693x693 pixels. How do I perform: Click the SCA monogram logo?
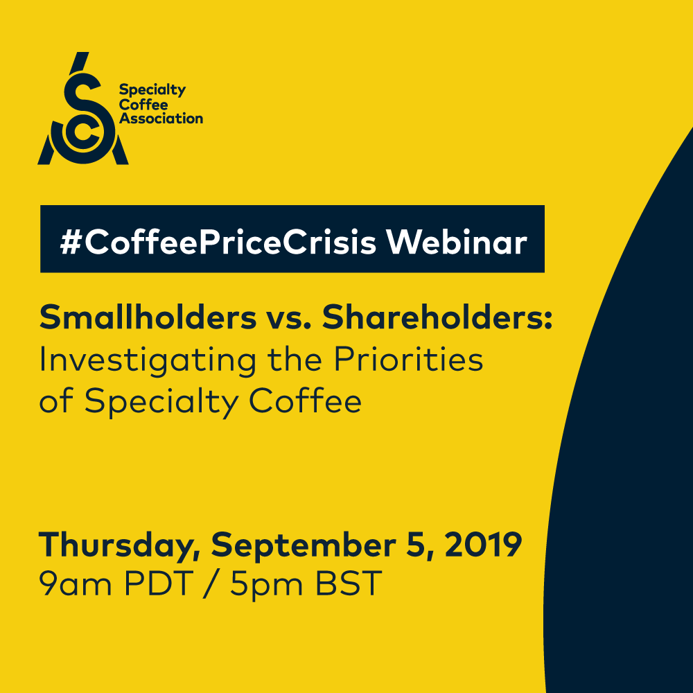[83, 111]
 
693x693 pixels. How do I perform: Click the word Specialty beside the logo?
[152, 91]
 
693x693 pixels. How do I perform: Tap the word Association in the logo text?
[161, 118]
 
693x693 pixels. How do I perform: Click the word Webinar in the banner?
[456, 240]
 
